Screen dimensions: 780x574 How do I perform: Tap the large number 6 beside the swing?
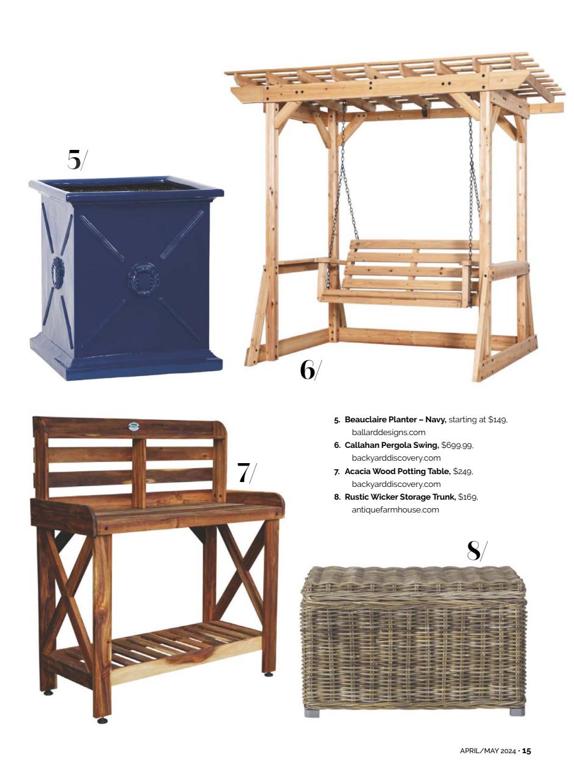(x=307, y=369)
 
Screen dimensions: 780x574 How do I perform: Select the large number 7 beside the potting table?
(x=243, y=472)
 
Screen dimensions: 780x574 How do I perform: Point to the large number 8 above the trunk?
(x=474, y=550)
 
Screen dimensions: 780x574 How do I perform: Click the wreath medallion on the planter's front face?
(x=142, y=280)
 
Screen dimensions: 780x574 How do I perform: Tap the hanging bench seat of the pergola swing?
(x=400, y=274)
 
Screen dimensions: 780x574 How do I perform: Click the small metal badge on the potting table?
(x=134, y=427)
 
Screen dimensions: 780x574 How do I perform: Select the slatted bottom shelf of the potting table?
(x=183, y=646)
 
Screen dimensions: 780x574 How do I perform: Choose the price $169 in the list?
(x=468, y=497)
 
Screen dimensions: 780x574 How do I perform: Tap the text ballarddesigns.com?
(x=389, y=433)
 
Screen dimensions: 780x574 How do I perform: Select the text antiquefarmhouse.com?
(x=395, y=510)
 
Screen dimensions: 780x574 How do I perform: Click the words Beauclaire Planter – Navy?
(x=395, y=420)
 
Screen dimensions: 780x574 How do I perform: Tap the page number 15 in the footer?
(x=526, y=751)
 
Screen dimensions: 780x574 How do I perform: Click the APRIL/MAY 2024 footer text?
(x=487, y=751)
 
